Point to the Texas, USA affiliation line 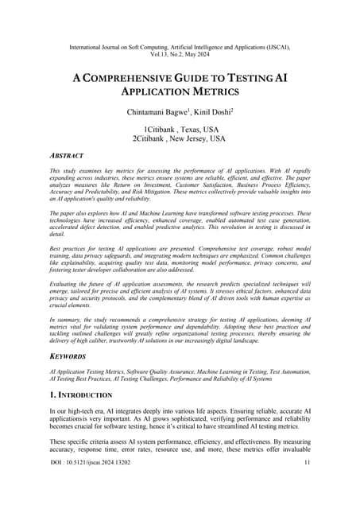point(180,130)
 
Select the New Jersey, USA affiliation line point(180,139)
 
